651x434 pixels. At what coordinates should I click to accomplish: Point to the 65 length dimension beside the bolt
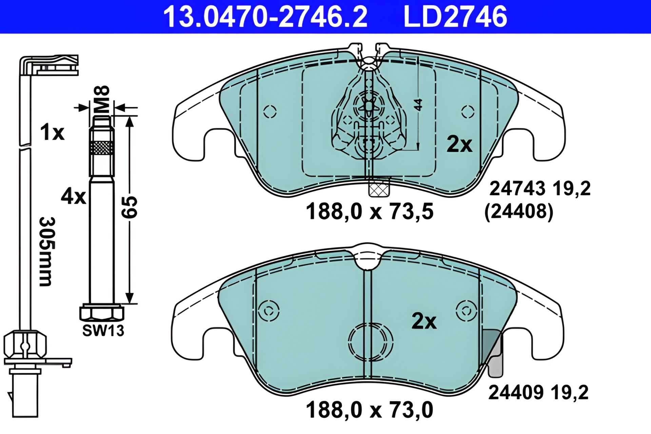(130, 207)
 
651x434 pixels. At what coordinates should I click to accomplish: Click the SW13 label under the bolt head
(103, 331)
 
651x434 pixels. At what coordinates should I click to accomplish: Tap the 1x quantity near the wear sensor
(52, 132)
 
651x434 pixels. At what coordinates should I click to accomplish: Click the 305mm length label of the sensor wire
(47, 252)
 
